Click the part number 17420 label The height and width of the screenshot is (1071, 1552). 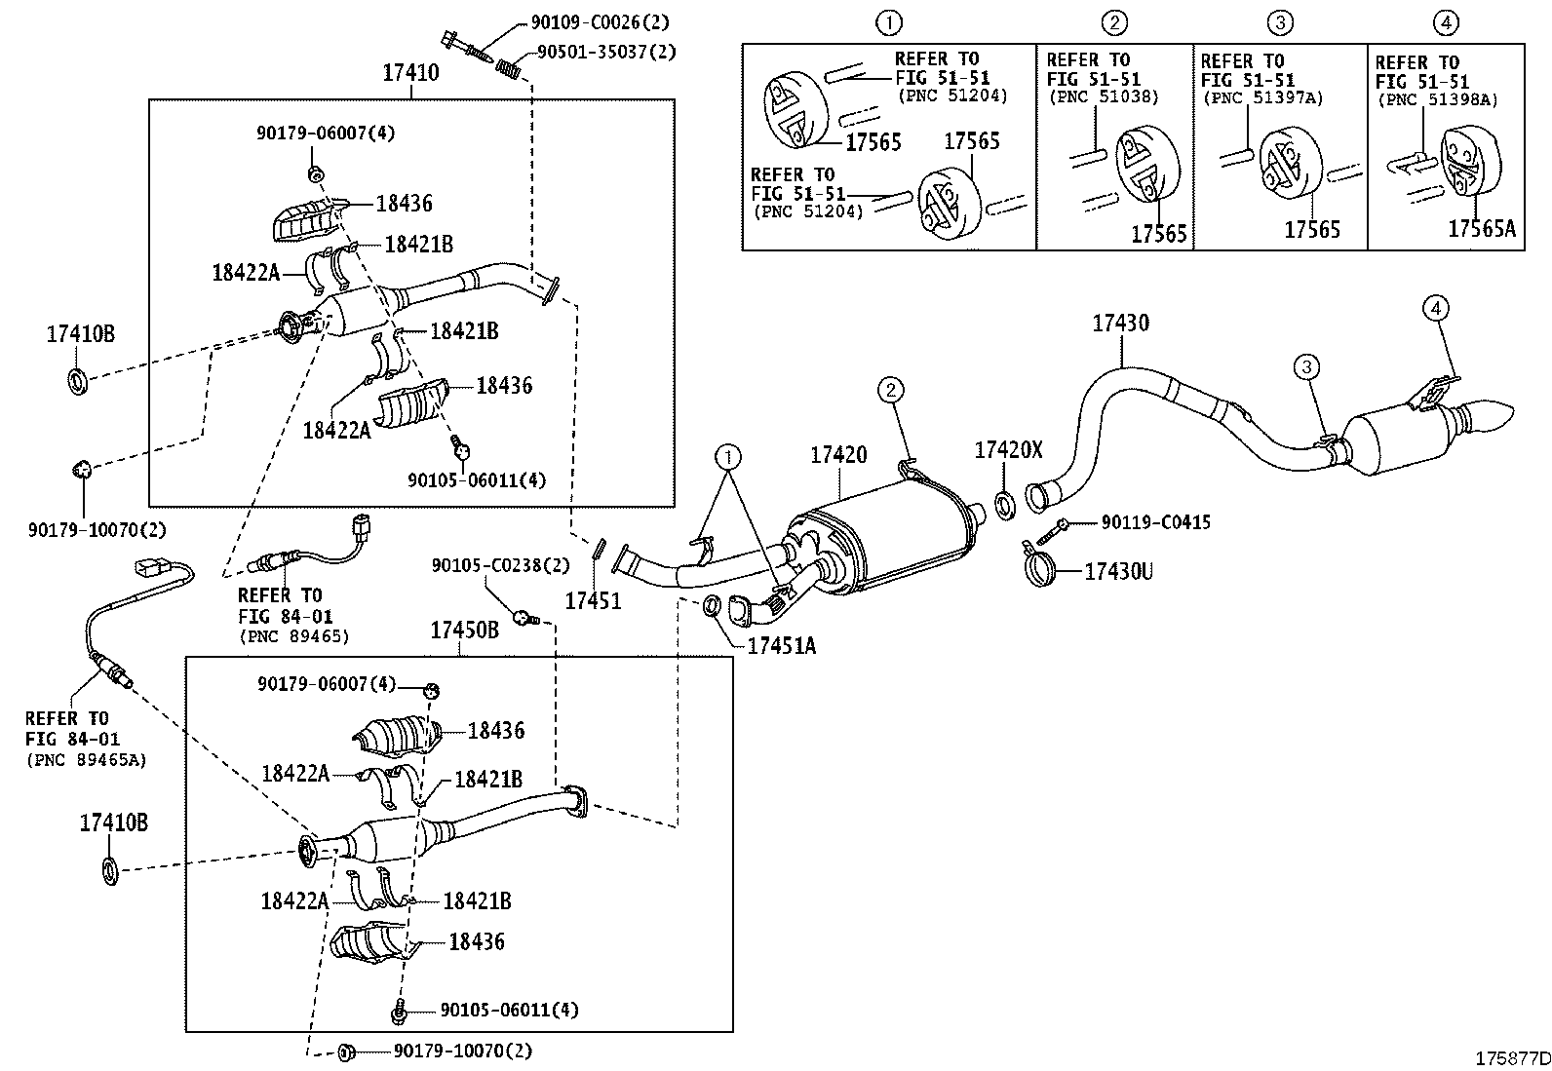point(838,455)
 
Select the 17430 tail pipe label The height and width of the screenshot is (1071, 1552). point(1120,323)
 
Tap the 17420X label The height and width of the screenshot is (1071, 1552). point(1008,450)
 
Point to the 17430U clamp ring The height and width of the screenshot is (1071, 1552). point(1039,568)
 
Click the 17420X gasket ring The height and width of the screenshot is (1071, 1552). point(1005,505)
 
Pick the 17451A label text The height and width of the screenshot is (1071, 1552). point(781,646)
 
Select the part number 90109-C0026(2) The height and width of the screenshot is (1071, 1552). point(600,22)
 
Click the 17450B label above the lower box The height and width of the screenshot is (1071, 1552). point(464,630)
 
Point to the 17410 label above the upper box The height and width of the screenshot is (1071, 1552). point(410,72)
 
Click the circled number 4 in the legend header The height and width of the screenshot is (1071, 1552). point(1446,22)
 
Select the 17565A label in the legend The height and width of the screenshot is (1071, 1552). point(1482,228)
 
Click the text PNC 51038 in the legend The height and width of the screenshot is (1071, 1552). point(1104,97)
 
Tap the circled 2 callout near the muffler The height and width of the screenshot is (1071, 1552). point(890,390)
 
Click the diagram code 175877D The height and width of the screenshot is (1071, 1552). point(1512,1058)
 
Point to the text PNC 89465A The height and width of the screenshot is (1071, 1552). point(88,760)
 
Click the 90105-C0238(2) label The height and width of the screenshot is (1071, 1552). point(500,566)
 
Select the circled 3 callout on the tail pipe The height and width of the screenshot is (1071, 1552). point(1306,366)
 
